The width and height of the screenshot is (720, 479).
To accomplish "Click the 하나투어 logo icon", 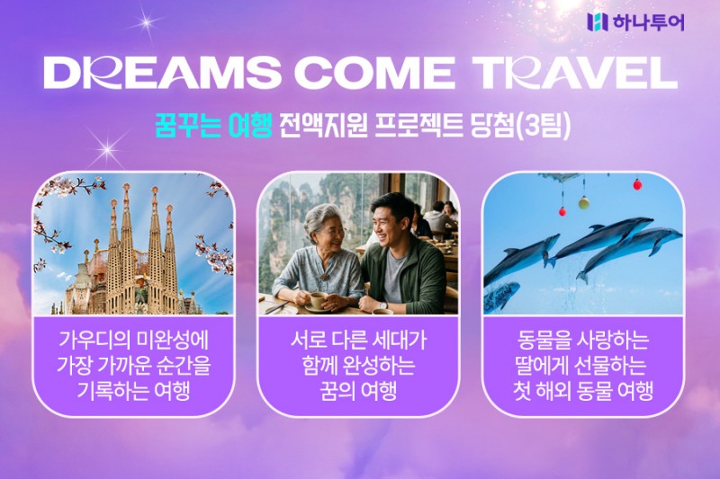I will click(597, 22).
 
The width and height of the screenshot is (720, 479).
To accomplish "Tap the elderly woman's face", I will click(326, 231).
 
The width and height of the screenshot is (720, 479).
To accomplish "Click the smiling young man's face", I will click(392, 221).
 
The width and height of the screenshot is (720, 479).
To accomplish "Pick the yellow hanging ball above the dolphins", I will click(582, 203).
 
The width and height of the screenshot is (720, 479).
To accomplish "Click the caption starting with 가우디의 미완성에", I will click(133, 342).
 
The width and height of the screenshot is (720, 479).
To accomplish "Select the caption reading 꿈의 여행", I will click(359, 393).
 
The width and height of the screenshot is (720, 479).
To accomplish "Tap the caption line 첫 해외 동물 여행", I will click(583, 393).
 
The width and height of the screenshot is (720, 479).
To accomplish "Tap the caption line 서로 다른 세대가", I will click(359, 342).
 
